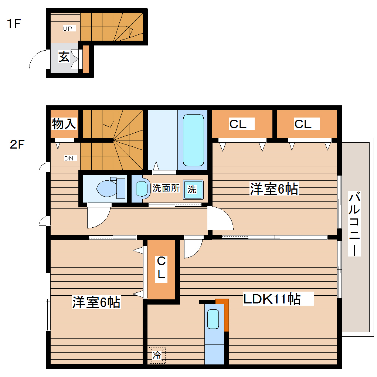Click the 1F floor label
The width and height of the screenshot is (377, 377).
(14, 24)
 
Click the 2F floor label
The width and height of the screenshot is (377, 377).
(17, 145)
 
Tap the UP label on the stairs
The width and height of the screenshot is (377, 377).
(68, 28)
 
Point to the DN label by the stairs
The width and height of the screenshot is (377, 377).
(69, 158)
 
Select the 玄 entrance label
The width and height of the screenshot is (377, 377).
(64, 57)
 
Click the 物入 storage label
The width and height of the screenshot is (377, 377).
(64, 123)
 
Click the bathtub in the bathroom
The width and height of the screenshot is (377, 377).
(194, 140)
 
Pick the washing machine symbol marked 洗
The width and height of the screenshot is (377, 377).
(193, 190)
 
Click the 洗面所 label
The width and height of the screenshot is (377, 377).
(166, 188)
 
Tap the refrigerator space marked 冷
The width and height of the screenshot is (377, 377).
(157, 355)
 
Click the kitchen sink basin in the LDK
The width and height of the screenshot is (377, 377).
(213, 319)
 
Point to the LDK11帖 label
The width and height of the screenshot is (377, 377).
(272, 299)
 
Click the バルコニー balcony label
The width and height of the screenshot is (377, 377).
(354, 224)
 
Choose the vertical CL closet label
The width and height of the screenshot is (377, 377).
(161, 267)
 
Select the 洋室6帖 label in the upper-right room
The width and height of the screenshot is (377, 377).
(274, 189)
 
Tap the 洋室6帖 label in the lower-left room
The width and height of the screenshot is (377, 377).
(96, 302)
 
